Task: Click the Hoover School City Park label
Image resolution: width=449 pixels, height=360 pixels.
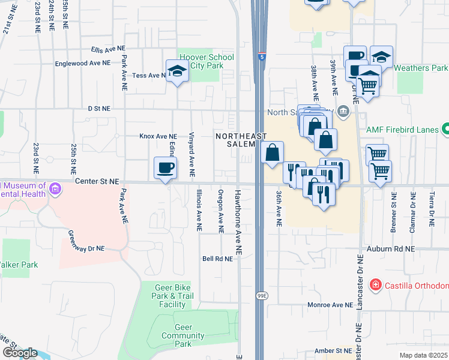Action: [205, 61]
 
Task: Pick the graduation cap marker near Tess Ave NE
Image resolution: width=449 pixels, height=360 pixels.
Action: [176, 71]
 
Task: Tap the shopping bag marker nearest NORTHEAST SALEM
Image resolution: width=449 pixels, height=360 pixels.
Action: [273, 152]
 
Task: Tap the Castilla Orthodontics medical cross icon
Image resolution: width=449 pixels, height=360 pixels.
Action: [375, 284]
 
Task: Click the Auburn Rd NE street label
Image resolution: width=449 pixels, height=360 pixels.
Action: [393, 248]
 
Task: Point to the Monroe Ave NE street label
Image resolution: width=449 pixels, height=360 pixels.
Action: [330, 305]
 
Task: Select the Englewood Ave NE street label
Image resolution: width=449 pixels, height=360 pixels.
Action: [82, 63]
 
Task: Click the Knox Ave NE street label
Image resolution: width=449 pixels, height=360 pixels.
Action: [158, 136]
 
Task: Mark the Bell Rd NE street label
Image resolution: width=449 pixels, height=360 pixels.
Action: [217, 259]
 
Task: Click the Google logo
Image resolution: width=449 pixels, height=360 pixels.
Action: [20, 353]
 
